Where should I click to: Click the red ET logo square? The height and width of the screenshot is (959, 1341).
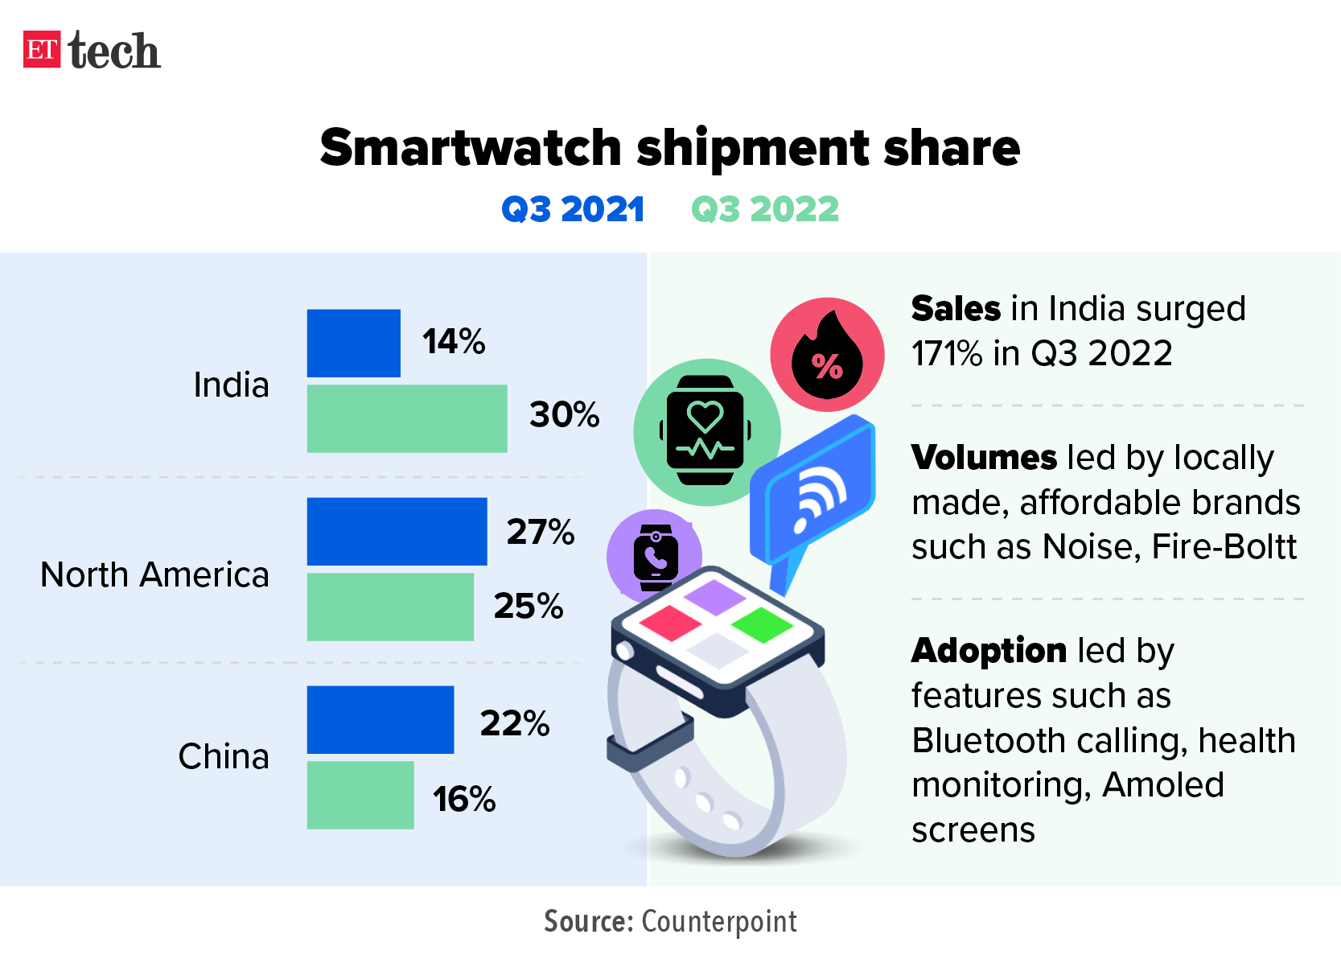tap(42, 50)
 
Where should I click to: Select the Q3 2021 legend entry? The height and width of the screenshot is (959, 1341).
tap(573, 209)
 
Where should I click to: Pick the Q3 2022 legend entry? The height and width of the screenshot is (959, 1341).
tap(765, 209)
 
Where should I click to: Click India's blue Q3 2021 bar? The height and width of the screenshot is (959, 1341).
tap(353, 343)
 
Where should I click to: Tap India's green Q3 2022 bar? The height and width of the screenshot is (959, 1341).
tap(406, 418)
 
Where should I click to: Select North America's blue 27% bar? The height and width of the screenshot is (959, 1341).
tap(397, 531)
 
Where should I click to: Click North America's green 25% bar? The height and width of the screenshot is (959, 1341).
tap(390, 607)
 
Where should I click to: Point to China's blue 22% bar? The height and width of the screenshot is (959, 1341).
tap(380, 719)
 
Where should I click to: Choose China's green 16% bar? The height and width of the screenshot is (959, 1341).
tap(360, 795)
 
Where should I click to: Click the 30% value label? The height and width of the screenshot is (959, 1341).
tap(564, 415)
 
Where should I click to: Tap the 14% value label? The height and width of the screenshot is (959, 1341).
tap(454, 342)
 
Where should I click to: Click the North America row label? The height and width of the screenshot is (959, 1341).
tap(154, 574)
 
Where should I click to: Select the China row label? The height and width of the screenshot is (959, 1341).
tap(224, 756)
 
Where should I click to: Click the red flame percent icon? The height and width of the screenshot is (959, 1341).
tap(827, 355)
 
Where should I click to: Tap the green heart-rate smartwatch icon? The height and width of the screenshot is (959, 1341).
tap(705, 431)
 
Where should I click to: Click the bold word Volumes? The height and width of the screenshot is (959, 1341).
tap(983, 457)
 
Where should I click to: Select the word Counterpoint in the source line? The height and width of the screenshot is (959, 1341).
tap(719, 921)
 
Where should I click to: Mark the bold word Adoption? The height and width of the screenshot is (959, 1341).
tap(989, 650)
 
